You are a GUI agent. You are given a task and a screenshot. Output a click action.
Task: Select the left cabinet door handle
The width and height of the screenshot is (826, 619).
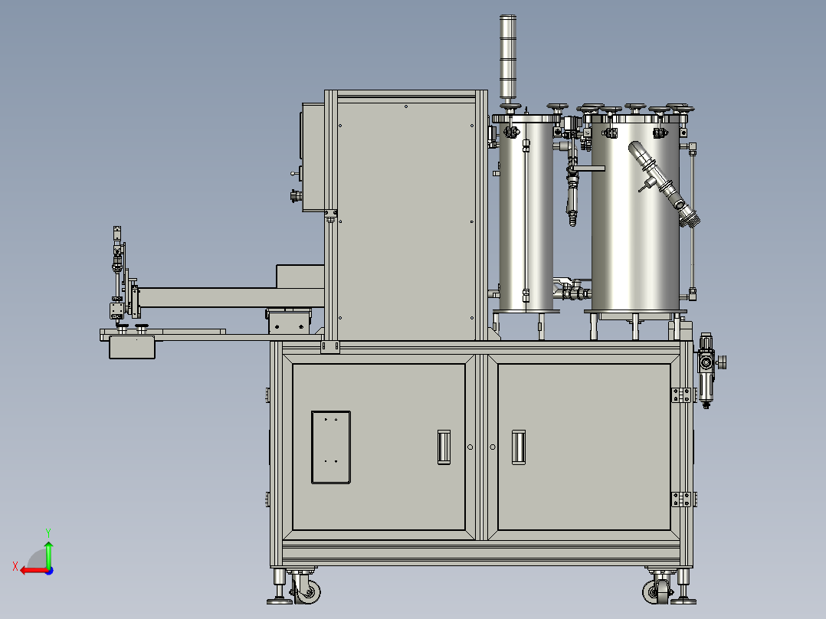tap(442, 447)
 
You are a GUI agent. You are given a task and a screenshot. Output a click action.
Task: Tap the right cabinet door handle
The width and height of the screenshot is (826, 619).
tap(519, 447)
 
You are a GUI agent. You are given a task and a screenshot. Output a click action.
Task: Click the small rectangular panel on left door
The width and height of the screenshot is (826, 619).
tap(331, 447)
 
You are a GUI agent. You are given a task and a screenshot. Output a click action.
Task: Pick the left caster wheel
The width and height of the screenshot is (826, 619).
tap(309, 591)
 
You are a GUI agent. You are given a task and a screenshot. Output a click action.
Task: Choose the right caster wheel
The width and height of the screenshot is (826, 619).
tap(657, 591)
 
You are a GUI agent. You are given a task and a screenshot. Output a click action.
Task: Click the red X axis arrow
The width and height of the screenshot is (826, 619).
tap(31, 569)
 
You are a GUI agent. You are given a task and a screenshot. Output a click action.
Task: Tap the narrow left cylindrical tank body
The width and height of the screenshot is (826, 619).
tap(526, 215)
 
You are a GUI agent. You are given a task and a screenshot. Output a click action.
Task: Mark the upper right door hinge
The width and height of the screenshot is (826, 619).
tap(680, 395)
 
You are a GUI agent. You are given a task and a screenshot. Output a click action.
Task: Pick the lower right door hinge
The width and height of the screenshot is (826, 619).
tap(680, 499)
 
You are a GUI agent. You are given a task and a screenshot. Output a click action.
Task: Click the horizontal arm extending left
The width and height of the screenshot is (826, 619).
tap(207, 298)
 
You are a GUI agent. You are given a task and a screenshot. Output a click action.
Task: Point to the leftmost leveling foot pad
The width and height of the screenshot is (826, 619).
tap(279, 601)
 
